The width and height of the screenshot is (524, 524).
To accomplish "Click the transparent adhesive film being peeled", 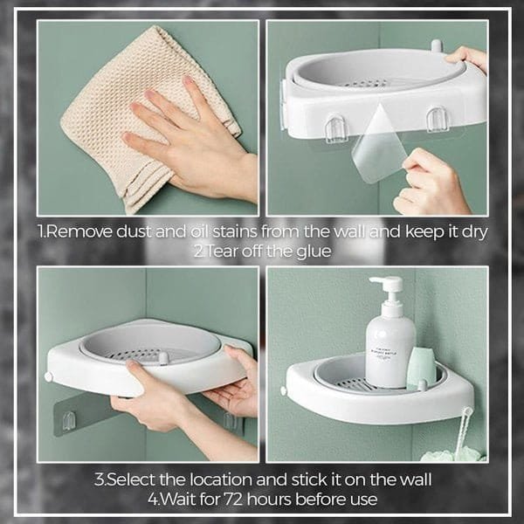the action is point(379,144).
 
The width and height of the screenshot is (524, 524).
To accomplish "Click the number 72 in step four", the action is point(233,500).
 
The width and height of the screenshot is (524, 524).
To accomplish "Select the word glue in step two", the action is point(314,251).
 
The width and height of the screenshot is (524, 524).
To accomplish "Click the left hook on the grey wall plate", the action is point(69,420).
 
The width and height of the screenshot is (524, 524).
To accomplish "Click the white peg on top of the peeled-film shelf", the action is point(436,45).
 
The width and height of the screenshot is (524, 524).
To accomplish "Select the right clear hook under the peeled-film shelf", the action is point(438,119).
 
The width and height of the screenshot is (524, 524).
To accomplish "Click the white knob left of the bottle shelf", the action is point(284,390).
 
